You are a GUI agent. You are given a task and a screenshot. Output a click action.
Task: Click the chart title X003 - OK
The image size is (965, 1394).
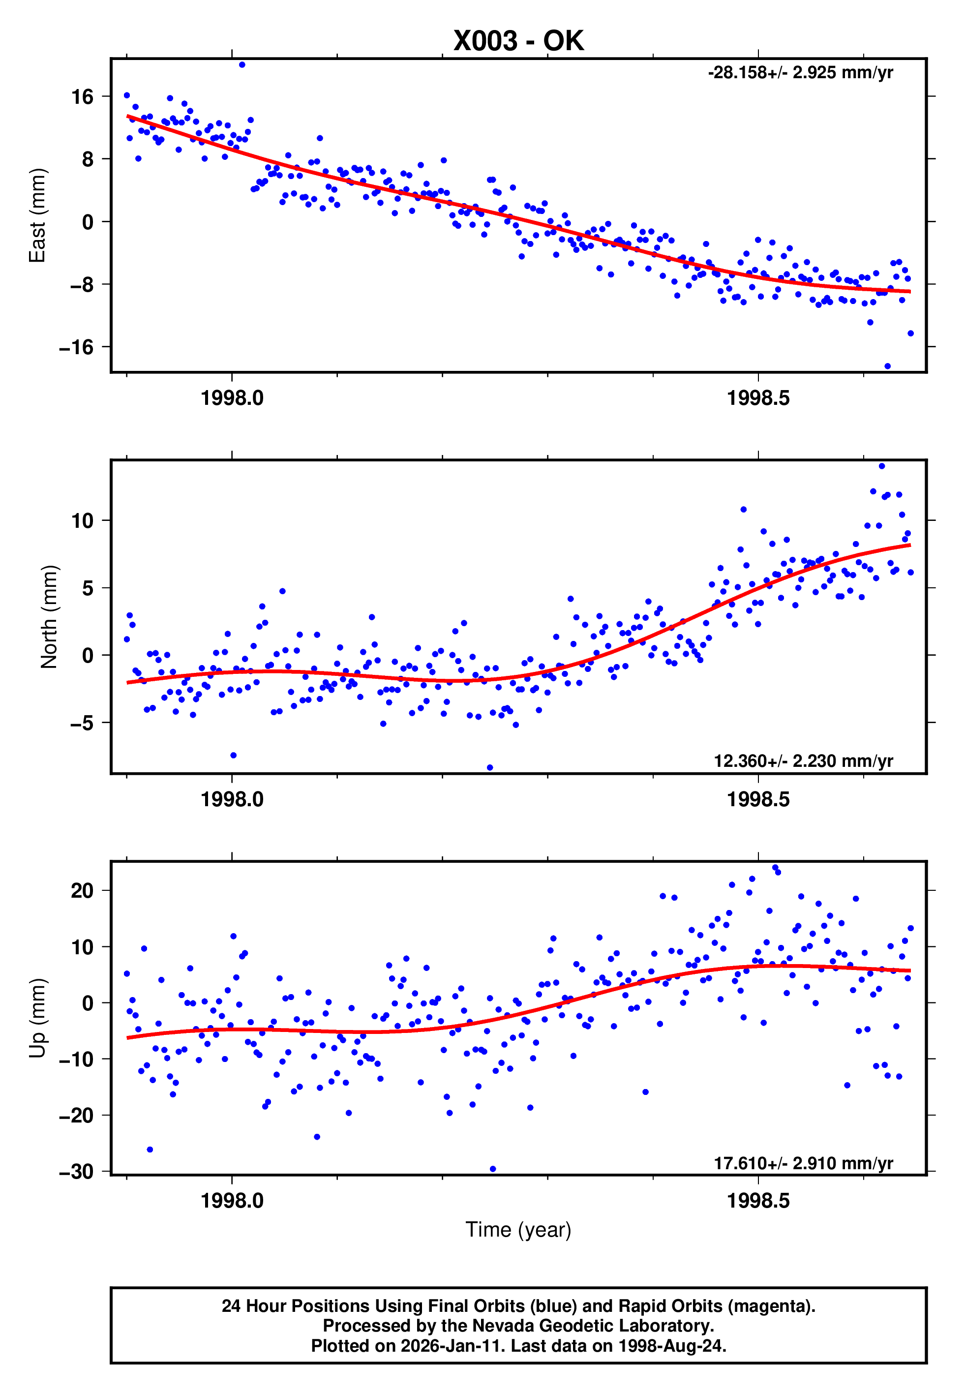(x=518, y=41)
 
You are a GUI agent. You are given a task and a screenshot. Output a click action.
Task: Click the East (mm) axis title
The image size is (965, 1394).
(x=37, y=215)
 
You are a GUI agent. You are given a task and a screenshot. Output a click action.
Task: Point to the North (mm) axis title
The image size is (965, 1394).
(x=48, y=617)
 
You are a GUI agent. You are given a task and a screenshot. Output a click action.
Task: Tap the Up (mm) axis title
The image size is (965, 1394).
(x=37, y=1018)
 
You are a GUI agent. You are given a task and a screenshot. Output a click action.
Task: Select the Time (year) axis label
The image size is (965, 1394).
(x=518, y=1230)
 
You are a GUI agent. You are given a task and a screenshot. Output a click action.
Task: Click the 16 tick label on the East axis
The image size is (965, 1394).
(x=82, y=97)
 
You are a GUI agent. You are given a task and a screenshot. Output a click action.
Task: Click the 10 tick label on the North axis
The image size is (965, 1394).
(x=82, y=520)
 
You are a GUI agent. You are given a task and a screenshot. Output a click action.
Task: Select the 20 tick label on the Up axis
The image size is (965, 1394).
(x=82, y=890)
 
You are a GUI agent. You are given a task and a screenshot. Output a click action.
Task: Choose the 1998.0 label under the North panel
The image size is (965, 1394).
(x=232, y=799)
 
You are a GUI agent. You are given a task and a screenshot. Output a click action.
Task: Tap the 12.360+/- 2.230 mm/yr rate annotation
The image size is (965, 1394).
(x=803, y=761)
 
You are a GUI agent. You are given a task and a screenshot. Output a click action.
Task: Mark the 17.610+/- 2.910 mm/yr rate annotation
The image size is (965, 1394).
(x=803, y=1163)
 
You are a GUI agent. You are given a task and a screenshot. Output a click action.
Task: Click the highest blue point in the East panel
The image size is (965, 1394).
(x=242, y=64)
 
